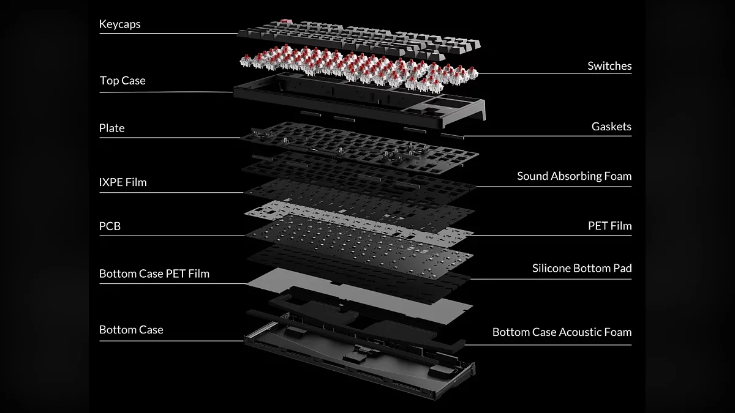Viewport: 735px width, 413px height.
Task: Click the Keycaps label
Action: point(119,24)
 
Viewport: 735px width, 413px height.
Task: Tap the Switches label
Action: point(609,65)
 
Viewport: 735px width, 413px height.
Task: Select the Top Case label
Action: point(123,81)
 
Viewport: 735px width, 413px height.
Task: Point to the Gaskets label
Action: point(611,127)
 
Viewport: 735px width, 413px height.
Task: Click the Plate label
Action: point(111,128)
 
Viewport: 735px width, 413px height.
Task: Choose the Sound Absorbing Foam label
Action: point(574,176)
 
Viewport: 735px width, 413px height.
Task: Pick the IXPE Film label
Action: point(123,182)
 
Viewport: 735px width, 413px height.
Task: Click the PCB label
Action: point(110,226)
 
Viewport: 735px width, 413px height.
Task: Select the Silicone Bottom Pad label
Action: point(581,268)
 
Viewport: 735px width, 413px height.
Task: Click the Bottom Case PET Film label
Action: point(154,273)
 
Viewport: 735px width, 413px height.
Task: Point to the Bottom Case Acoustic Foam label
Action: point(561,332)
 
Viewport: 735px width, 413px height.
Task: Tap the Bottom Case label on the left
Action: point(131,330)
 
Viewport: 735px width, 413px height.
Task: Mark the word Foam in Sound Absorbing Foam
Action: point(618,176)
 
